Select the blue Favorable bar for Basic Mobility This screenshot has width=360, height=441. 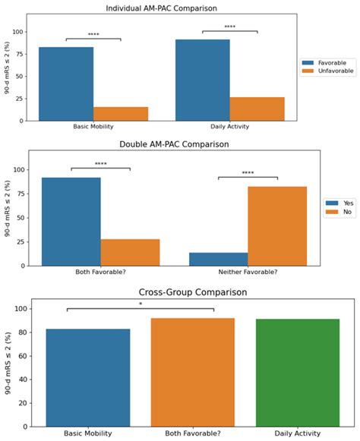(x=66, y=83)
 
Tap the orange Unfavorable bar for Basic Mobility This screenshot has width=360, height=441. (x=121, y=113)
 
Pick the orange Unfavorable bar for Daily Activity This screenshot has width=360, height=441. (x=257, y=109)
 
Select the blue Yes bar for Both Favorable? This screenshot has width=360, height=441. (x=71, y=222)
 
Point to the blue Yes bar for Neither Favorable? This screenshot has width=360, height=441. (x=219, y=259)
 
